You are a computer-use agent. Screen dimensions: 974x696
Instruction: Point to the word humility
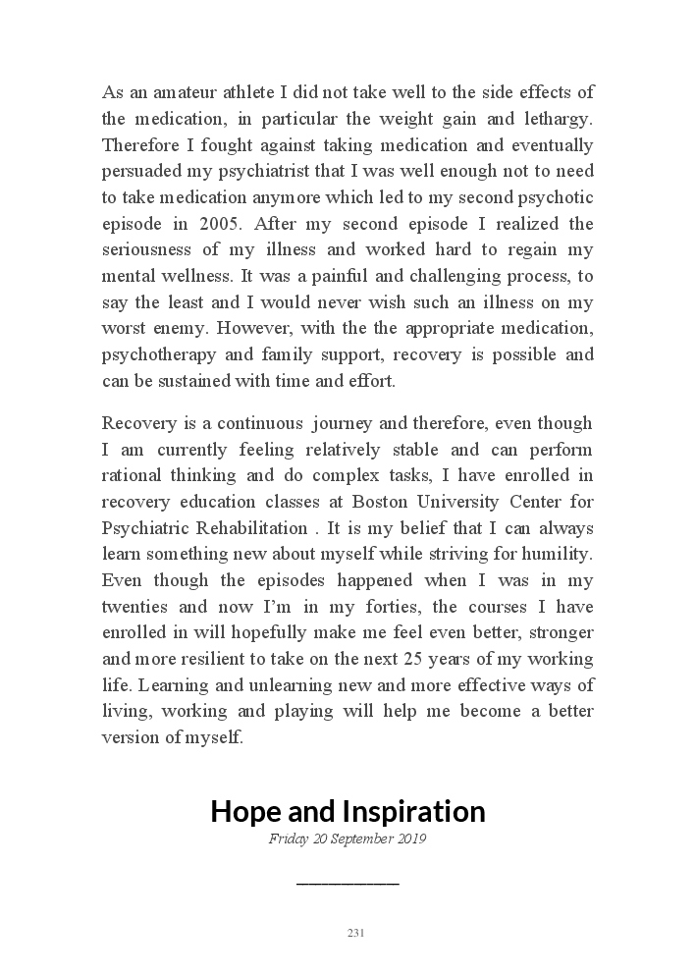[x=558, y=554]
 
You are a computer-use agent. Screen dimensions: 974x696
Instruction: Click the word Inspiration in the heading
[x=413, y=812]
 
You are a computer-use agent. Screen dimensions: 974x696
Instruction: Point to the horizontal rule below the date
[x=348, y=884]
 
